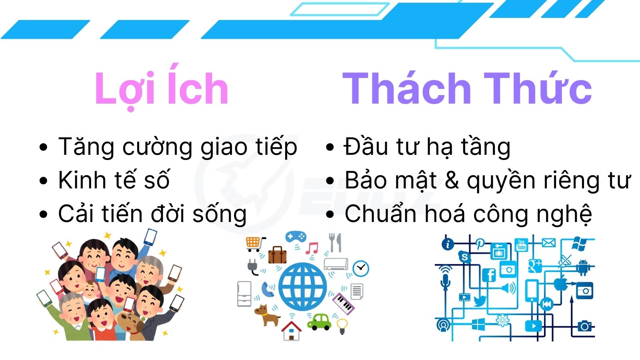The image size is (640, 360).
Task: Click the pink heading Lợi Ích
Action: (x=162, y=87)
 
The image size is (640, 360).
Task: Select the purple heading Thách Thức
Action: (x=467, y=88)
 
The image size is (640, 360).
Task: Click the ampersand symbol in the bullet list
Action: (x=452, y=180)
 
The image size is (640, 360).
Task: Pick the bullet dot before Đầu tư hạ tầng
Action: (x=330, y=148)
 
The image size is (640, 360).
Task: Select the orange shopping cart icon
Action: (x=255, y=244)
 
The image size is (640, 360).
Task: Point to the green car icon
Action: (x=319, y=322)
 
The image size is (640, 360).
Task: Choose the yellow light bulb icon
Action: (x=342, y=326)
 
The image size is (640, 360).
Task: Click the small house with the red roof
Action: (x=291, y=330)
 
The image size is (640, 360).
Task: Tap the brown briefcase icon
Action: (x=277, y=255)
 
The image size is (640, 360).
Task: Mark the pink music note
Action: (x=312, y=248)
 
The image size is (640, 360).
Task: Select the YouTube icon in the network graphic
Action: (x=522, y=245)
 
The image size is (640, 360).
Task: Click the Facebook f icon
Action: (x=489, y=275)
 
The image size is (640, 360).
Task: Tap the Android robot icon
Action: (x=583, y=267)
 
